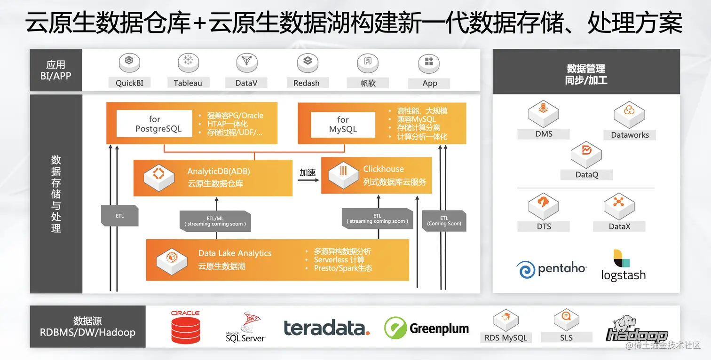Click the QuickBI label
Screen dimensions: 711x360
click(129, 83)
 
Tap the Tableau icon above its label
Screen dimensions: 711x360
click(188, 63)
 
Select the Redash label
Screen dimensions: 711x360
click(307, 83)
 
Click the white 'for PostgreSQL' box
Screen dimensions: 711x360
click(155, 124)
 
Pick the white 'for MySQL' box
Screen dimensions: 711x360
click(343, 125)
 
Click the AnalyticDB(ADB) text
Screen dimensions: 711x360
click(219, 171)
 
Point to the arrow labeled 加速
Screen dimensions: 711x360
click(308, 180)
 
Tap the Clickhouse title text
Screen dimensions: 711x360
click(383, 169)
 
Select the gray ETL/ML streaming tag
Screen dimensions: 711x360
click(215, 221)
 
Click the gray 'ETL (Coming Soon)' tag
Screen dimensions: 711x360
click(444, 221)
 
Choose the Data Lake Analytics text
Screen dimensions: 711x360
click(235, 253)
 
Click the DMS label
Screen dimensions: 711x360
click(544, 134)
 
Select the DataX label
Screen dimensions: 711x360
click(619, 227)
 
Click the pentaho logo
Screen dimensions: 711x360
click(551, 269)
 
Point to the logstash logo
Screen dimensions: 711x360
click(624, 266)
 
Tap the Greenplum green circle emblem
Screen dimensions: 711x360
click(395, 328)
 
